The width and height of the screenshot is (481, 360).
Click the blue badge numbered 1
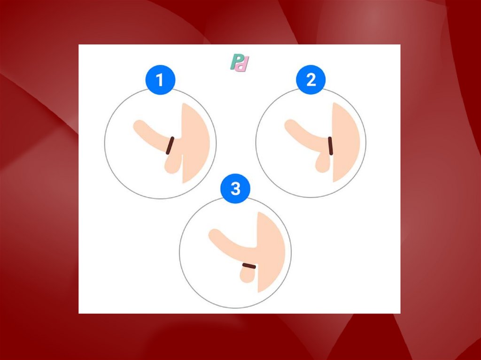(x=160, y=80)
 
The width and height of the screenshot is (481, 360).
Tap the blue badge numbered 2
(x=311, y=80)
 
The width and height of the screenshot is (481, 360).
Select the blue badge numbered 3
(x=235, y=189)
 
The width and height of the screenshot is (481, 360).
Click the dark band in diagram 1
(x=170, y=146)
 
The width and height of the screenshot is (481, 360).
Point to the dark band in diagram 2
(x=330, y=146)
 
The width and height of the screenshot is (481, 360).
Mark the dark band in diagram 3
(x=249, y=266)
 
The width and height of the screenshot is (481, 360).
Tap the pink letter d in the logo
(x=243, y=64)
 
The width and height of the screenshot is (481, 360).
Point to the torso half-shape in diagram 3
(x=271, y=252)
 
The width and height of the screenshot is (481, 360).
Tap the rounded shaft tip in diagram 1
(x=139, y=126)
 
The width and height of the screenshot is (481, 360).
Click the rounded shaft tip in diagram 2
(x=290, y=125)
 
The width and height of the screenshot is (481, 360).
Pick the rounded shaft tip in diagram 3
(x=214, y=235)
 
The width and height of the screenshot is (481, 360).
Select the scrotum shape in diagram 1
(x=173, y=164)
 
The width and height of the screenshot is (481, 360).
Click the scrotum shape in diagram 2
(x=323, y=162)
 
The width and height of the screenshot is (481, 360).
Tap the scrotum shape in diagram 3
(x=248, y=274)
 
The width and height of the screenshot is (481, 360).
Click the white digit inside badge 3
(x=235, y=189)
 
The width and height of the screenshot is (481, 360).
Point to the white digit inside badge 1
(x=160, y=80)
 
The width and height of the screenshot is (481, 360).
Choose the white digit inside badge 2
(x=311, y=80)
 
